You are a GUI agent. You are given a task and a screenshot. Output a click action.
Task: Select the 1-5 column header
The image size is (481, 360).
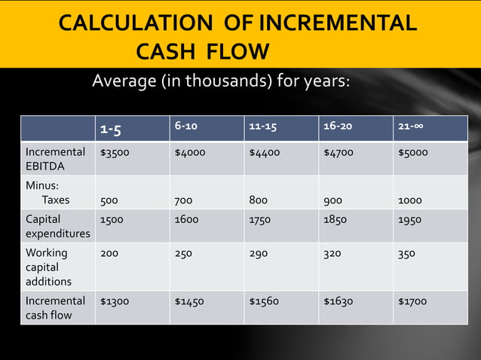tap(111, 130)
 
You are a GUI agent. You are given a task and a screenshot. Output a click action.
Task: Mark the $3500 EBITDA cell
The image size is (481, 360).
tap(115, 152)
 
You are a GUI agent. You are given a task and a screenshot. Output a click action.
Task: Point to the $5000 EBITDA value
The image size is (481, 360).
tap(413, 152)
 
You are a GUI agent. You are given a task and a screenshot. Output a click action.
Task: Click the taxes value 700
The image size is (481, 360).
tap(183, 201)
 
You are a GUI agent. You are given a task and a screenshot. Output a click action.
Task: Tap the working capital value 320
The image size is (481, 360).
tap(332, 254)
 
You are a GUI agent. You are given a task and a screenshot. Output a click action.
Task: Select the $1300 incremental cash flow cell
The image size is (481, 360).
tap(115, 301)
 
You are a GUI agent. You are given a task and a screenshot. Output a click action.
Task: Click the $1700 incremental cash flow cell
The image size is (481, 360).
tap(412, 301)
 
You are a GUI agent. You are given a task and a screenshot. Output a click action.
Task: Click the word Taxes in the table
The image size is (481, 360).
tap(55, 200)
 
